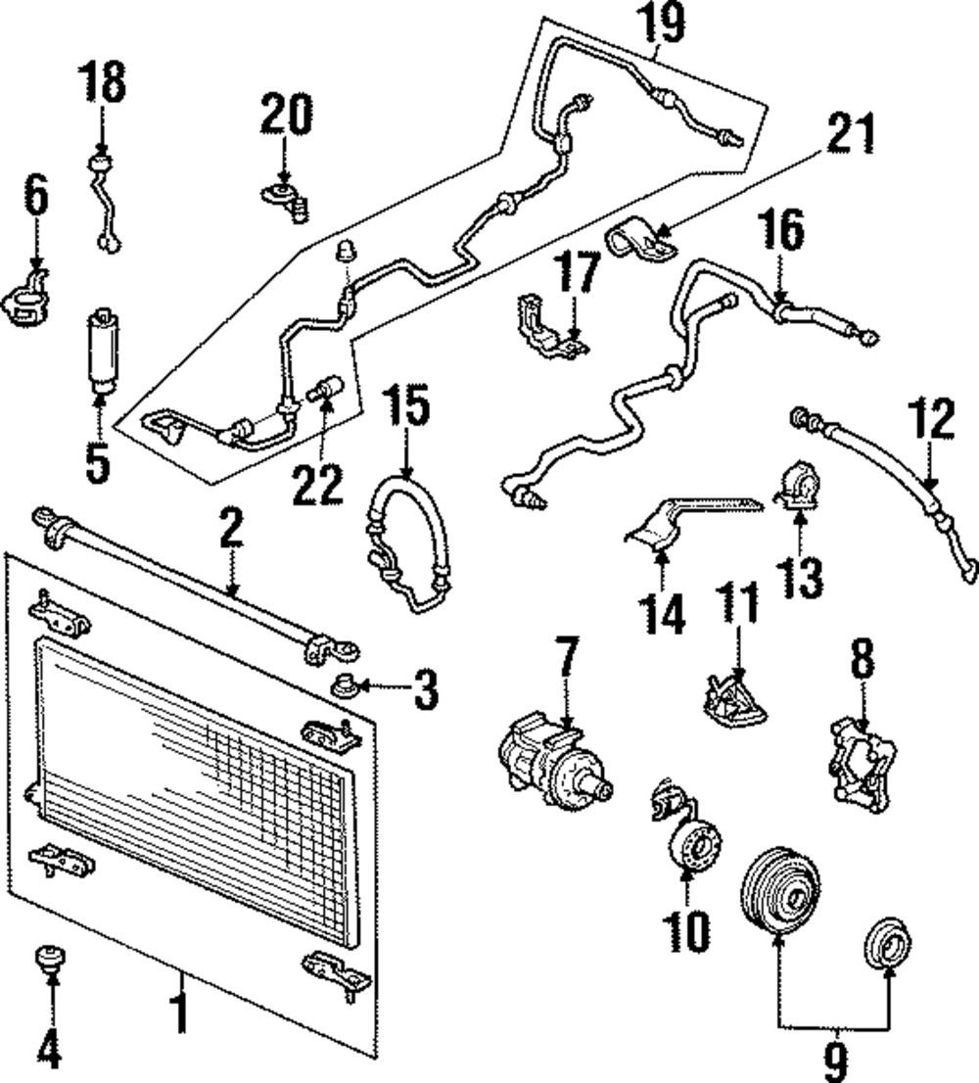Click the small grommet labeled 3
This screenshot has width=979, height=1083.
point(346,682)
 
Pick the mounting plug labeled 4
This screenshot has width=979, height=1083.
point(47,957)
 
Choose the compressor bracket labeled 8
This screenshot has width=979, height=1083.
point(864,760)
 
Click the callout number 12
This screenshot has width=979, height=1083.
point(929,422)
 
